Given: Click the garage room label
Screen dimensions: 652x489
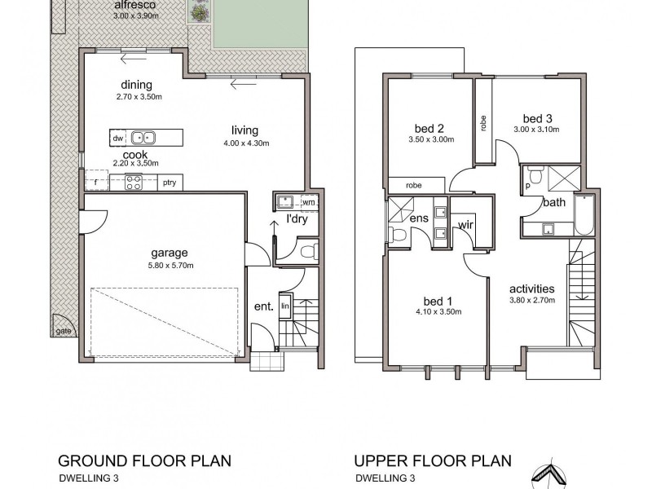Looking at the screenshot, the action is (x=170, y=253).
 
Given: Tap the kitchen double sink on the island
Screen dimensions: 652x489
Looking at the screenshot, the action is (x=143, y=138).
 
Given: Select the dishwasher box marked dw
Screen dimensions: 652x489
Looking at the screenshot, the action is (x=118, y=139).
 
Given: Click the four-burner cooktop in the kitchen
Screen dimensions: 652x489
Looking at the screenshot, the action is (x=134, y=183).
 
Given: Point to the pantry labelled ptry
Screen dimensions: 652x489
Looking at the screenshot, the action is (x=170, y=183).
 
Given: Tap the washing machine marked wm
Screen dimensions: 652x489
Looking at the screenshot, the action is (x=309, y=202).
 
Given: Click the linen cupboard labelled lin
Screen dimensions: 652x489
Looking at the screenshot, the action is (x=284, y=306).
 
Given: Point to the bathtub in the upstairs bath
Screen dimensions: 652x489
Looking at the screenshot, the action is (x=584, y=215).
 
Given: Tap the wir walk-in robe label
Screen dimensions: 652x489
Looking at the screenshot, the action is (x=465, y=225).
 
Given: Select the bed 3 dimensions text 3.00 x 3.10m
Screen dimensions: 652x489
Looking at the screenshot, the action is (x=536, y=130).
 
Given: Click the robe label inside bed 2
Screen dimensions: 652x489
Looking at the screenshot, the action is (x=414, y=186).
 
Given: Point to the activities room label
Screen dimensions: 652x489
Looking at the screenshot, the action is (x=532, y=289).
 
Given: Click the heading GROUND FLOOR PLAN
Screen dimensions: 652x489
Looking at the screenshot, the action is (x=144, y=461).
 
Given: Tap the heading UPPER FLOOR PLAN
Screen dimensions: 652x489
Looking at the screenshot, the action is (x=433, y=461).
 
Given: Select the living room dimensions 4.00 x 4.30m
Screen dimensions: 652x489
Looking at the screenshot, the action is (x=246, y=143).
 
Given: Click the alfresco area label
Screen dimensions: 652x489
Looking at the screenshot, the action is (x=130, y=5).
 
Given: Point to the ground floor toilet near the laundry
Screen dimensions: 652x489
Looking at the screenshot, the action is (x=310, y=252).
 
